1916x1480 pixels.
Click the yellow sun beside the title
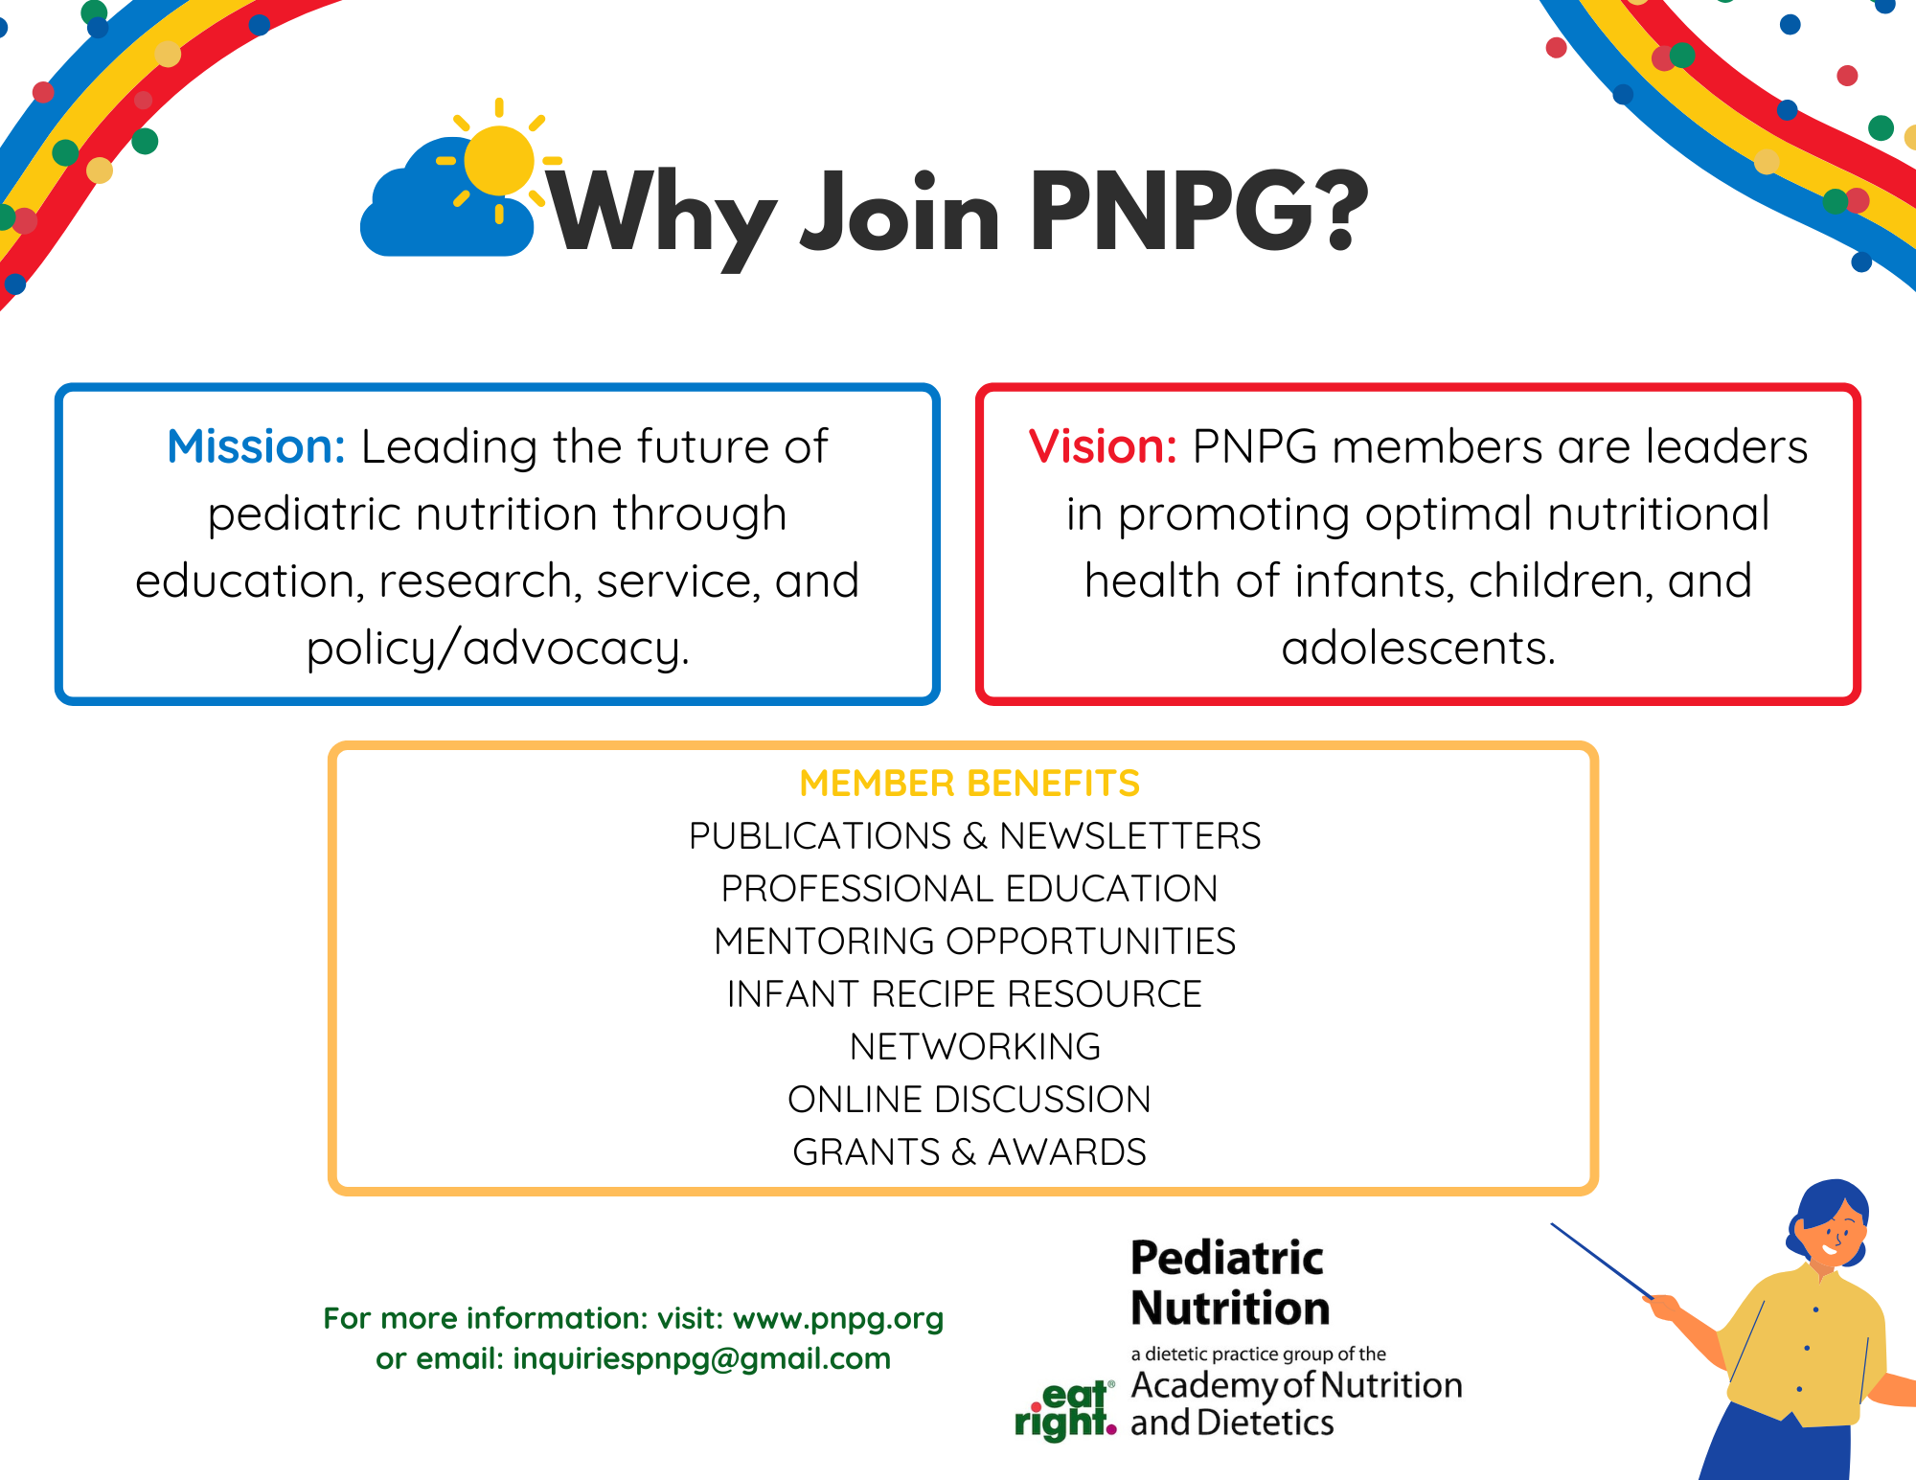point(499,160)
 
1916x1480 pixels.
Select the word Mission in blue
point(256,446)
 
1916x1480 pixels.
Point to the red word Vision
point(1103,446)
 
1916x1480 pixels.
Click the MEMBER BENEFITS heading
point(969,784)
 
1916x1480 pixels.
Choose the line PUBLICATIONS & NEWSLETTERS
point(974,836)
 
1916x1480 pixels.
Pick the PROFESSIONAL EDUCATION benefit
point(969,889)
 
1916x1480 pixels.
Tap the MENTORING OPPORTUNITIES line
point(974,942)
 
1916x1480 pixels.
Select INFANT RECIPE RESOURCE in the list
point(964,994)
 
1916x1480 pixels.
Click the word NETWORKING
point(975,1047)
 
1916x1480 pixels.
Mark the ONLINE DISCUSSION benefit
point(969,1100)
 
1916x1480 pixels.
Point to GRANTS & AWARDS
point(969,1152)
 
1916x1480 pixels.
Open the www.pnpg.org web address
point(838,1319)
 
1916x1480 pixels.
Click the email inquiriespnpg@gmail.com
point(702,1359)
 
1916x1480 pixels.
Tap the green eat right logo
point(1065,1411)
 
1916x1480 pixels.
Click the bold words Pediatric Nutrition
point(1230,1283)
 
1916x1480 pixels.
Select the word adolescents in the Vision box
point(1418,649)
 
